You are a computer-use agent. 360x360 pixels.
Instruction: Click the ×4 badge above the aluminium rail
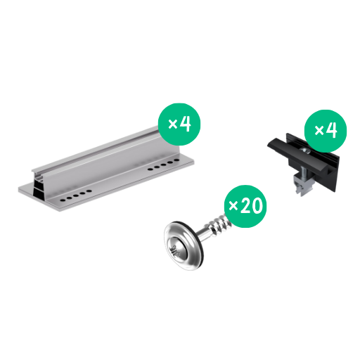(179, 124)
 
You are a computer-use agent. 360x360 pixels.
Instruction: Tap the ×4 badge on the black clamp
(326, 131)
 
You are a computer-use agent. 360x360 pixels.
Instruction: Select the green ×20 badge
(245, 206)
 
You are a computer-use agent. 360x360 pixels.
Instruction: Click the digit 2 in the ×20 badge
(245, 205)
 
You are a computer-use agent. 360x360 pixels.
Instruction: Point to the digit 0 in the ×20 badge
(257, 205)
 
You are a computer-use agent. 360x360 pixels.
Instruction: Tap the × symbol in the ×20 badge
(233, 206)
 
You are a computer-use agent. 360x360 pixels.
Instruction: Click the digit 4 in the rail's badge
(186, 124)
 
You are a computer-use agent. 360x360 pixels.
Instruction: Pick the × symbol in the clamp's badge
(319, 130)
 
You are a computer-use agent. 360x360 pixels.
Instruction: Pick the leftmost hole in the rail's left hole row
(63, 200)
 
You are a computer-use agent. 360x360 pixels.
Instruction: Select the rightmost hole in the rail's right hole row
(176, 160)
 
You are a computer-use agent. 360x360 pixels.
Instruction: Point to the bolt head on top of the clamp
(306, 151)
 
